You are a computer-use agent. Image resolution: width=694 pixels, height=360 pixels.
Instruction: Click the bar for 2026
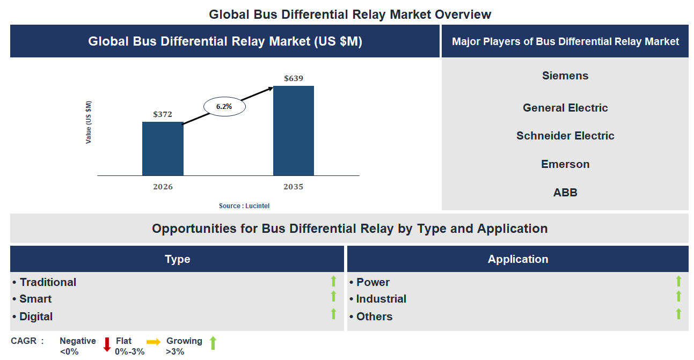tap(163, 149)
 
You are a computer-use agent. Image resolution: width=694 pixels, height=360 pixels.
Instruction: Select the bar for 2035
tap(293, 130)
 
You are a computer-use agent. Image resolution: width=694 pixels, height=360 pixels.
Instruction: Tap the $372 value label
tap(163, 114)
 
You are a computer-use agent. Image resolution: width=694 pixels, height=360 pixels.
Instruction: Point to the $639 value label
tap(294, 78)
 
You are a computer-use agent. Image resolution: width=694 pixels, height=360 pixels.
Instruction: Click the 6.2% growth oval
tap(224, 107)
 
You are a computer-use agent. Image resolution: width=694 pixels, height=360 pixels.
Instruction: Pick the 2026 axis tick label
tap(163, 187)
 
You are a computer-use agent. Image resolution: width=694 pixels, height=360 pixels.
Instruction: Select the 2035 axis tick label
tap(293, 187)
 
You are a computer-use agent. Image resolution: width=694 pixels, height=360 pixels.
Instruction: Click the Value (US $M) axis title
tap(89, 122)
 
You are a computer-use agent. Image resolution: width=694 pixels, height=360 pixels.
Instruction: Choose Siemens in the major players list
tap(565, 76)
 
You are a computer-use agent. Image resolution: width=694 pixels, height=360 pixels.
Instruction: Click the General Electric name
tap(565, 108)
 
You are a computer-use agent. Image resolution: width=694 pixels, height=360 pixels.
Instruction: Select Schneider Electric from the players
tap(565, 136)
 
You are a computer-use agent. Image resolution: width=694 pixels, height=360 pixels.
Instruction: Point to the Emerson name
tap(565, 164)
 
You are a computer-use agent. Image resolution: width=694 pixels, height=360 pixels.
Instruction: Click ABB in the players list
tap(565, 193)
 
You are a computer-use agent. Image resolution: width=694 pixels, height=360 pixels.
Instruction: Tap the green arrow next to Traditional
tap(333, 281)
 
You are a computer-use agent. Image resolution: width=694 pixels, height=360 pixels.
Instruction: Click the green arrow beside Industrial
tap(678, 297)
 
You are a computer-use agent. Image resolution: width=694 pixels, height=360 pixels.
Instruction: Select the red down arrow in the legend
tap(107, 344)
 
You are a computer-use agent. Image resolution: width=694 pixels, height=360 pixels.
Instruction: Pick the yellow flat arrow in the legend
tap(154, 341)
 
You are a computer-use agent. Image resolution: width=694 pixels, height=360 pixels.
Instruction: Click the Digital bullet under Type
tap(36, 317)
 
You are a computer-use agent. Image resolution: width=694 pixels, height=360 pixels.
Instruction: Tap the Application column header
tap(517, 259)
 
